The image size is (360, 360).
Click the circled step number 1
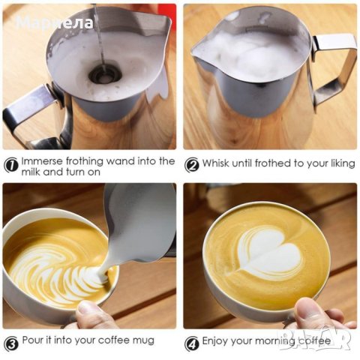(11, 165)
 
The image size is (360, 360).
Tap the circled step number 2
(192, 165)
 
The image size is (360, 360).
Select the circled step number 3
(11, 343)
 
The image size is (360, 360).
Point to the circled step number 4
(192, 343)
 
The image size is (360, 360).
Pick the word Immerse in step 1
(42, 161)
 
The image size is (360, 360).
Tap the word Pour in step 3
(31, 340)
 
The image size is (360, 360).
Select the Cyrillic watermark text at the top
(55, 22)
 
